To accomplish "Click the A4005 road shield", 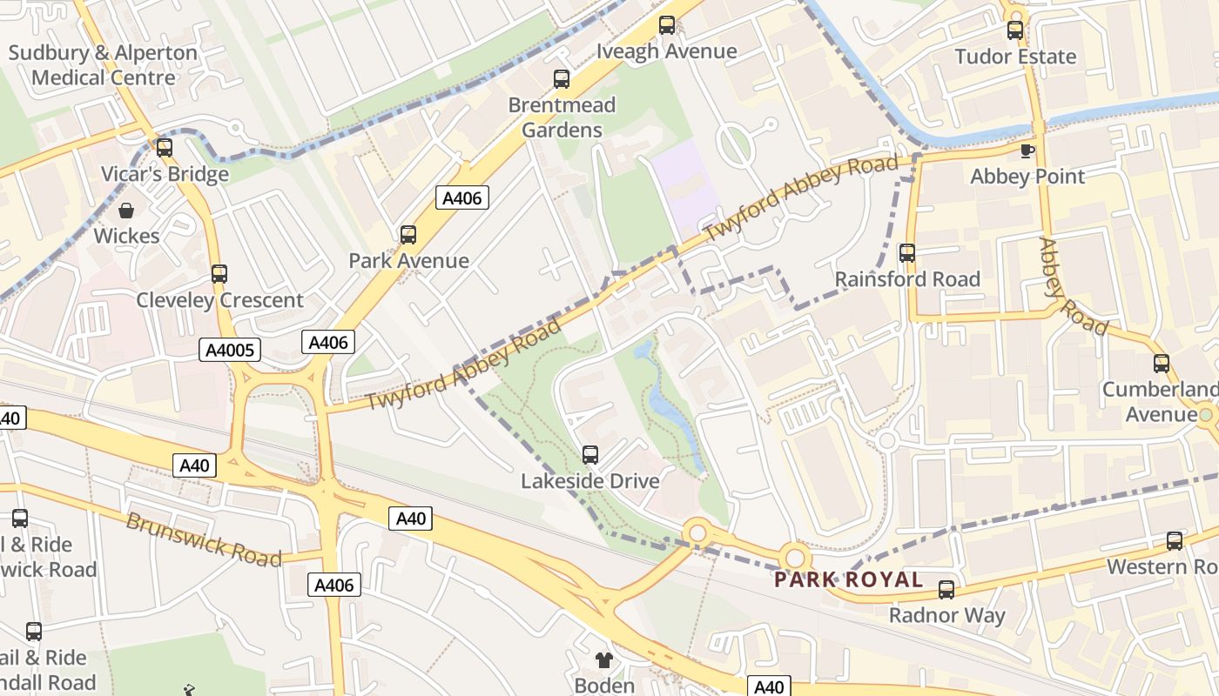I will click(x=231, y=351).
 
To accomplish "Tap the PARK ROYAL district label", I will click(x=848, y=580).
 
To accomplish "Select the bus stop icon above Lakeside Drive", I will click(x=590, y=454).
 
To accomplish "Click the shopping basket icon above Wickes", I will click(x=126, y=211).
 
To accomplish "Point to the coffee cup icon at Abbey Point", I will click(x=1027, y=151).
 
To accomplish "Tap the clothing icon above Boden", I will click(x=604, y=660).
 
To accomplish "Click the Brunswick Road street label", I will click(x=204, y=539).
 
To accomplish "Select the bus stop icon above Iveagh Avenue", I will click(x=667, y=25).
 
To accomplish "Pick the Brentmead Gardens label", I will click(x=562, y=117).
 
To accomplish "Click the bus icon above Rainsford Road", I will click(x=907, y=253).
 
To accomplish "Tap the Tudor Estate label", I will click(x=1015, y=57).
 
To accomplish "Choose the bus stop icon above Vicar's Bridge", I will click(x=165, y=147).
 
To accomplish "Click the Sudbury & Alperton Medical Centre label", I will click(x=103, y=65).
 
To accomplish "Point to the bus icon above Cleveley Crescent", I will click(x=219, y=274).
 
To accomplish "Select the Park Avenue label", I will click(x=408, y=261).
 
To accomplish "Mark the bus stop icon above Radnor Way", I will click(x=946, y=590).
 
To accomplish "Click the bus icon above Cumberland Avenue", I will click(x=1162, y=364).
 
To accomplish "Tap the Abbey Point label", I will click(x=1027, y=177).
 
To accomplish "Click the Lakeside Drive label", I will click(x=590, y=481).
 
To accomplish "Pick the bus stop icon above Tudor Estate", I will click(x=1015, y=30).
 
